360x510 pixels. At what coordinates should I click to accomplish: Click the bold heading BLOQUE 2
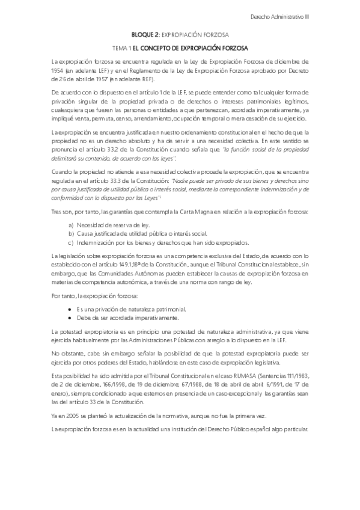coord(146,35)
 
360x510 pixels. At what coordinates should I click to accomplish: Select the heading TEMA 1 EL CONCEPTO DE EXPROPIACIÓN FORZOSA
coord(180,48)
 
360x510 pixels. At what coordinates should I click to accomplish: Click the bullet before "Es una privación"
coord(71,309)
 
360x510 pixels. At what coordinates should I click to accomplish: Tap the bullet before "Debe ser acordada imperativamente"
coord(71,317)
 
